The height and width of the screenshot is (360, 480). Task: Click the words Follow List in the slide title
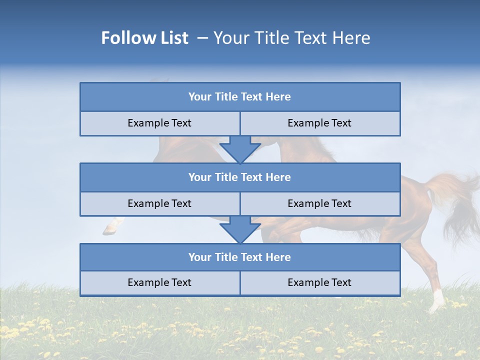tap(144, 38)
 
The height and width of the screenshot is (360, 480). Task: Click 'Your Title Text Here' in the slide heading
tap(292, 38)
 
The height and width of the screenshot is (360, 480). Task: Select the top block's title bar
tap(240, 97)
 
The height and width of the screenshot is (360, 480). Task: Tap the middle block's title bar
tap(240, 177)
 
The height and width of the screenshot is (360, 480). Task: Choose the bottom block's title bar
tap(240, 257)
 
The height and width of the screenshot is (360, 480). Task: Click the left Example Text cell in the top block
tap(159, 123)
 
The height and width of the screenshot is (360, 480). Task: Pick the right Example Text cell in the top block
tap(319, 123)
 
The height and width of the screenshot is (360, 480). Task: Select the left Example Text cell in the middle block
tap(159, 204)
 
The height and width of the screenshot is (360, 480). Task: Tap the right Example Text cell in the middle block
tap(319, 204)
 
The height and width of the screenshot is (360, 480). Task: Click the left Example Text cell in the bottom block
tap(159, 283)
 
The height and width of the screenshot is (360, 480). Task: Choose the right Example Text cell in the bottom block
tap(319, 283)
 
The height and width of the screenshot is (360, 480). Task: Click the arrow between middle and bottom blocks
tap(240, 229)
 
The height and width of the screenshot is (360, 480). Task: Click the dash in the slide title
tap(202, 38)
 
